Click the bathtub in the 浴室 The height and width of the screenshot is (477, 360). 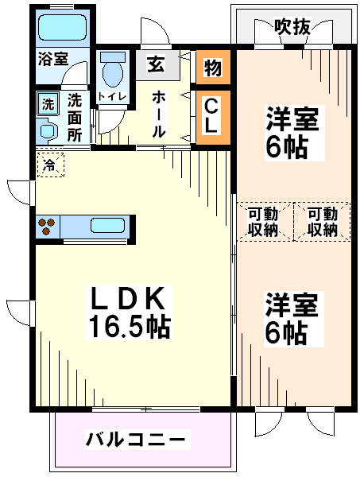coord(63,28)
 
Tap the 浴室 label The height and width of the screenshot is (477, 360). coord(53,59)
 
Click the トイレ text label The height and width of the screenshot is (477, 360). coord(112,97)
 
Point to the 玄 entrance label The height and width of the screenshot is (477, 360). coord(157,64)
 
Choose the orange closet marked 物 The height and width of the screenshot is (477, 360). coord(213,68)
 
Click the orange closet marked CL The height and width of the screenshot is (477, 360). coord(213,117)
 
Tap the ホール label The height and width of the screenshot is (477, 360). coord(159,114)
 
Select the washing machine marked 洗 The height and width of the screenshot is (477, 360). coord(48,104)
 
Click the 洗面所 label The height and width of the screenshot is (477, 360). coord(75,118)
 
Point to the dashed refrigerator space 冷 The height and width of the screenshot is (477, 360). coord(51,165)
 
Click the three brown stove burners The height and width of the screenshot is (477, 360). coord(46,227)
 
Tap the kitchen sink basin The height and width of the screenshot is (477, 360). coord(107,226)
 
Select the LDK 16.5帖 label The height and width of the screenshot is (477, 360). coord(129,312)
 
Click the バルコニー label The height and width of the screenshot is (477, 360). coord(136,440)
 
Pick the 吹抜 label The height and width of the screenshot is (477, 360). coord(292,27)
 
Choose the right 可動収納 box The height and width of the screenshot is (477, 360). coord(322,222)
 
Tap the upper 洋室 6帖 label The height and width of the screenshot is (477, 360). coord(292,132)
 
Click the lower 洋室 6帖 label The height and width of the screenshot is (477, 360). coord(292,319)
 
